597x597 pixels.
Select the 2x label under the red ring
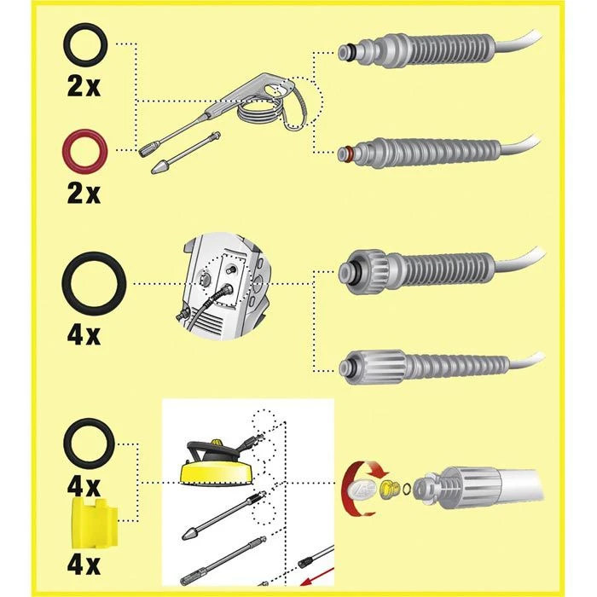pos(84,194)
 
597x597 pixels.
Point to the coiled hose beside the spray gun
pos(259,110)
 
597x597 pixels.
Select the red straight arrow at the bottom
pos(317,580)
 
